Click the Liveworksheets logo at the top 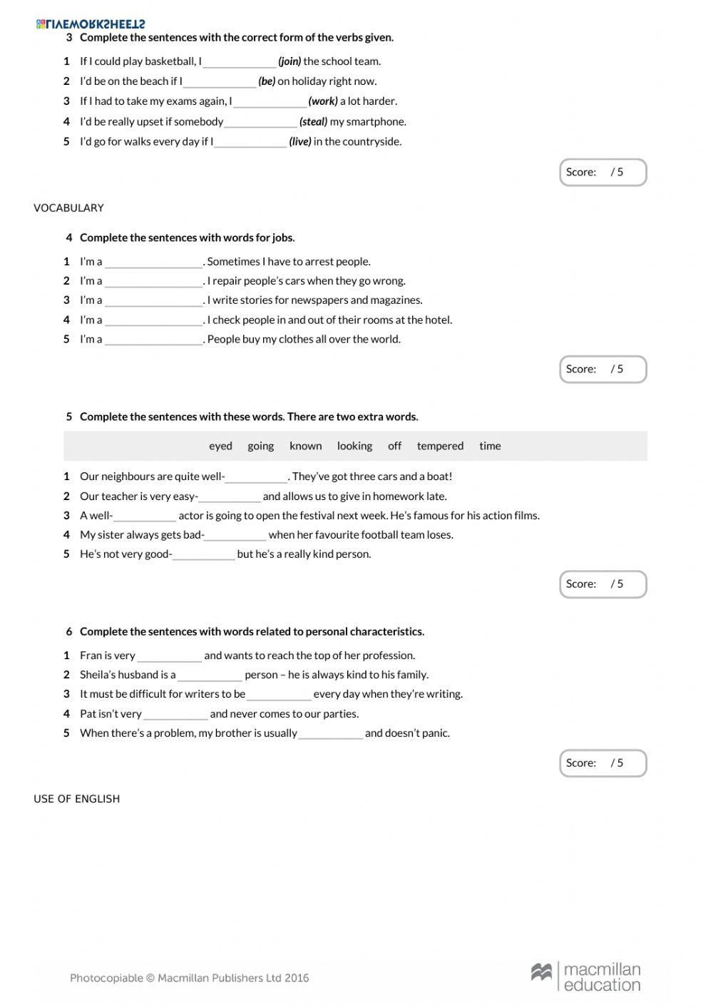(91, 24)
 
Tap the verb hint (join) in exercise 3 (289, 61)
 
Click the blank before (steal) (260, 122)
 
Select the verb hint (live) (300, 142)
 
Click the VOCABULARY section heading (68, 208)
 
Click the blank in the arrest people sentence (153, 262)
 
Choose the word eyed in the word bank (220, 446)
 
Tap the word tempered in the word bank (440, 446)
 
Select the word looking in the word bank (354, 446)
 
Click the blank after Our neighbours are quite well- (256, 477)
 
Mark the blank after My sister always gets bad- (235, 535)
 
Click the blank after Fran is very (170, 656)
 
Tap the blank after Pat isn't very (175, 714)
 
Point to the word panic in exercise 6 (434, 733)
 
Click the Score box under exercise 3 (602, 173)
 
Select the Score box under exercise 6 (602, 763)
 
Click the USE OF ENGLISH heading (76, 799)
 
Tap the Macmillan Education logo (585, 977)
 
